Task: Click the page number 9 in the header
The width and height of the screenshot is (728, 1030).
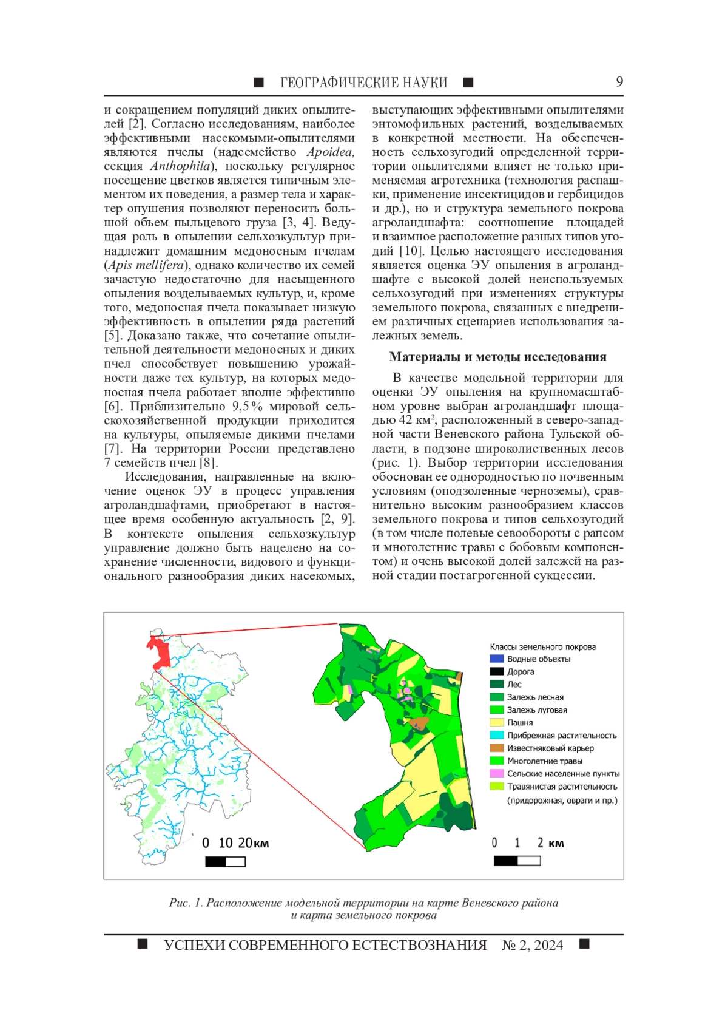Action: click(x=619, y=82)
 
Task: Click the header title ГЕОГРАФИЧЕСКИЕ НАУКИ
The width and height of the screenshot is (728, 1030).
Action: click(x=363, y=83)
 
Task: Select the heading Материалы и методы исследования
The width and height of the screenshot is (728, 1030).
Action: click(x=497, y=357)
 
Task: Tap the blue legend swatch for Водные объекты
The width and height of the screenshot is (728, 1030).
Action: click(x=496, y=659)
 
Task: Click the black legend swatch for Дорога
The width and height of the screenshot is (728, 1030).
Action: click(x=496, y=671)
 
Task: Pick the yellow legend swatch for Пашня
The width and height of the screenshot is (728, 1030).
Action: click(x=496, y=722)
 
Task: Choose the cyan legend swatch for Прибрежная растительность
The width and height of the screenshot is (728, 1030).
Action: click(x=496, y=735)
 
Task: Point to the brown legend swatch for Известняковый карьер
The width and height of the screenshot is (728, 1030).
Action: click(x=496, y=748)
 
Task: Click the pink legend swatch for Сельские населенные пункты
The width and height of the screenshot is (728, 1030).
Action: click(x=496, y=773)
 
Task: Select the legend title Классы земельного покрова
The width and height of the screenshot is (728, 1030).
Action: click(x=542, y=647)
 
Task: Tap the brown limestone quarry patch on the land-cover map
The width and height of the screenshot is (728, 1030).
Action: click(x=419, y=723)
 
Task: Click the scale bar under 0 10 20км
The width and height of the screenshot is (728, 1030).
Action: click(x=225, y=861)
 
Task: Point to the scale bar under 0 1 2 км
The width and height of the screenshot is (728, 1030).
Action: click(x=517, y=861)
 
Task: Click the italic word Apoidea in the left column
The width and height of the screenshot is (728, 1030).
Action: click(x=330, y=152)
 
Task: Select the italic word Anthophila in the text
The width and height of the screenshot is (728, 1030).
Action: click(x=180, y=166)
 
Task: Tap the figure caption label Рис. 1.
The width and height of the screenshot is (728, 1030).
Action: click(x=186, y=903)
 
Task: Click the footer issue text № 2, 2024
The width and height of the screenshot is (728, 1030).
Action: click(x=532, y=945)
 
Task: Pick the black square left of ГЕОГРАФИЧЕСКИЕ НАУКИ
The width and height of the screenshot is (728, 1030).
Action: click(x=258, y=83)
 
